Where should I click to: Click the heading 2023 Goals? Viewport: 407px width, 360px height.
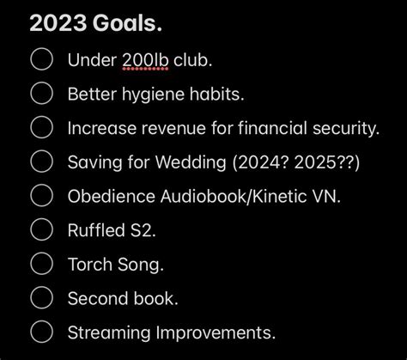coord(96,23)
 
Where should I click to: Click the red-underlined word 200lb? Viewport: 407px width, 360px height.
coord(145,60)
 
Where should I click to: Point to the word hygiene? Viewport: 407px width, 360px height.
coord(153,95)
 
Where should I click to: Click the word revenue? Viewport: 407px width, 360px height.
coord(173,128)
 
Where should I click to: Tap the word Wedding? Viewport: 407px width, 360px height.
coord(191,162)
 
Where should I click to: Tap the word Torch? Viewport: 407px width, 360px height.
coord(90,265)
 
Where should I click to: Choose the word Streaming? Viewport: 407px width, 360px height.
coord(109,333)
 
